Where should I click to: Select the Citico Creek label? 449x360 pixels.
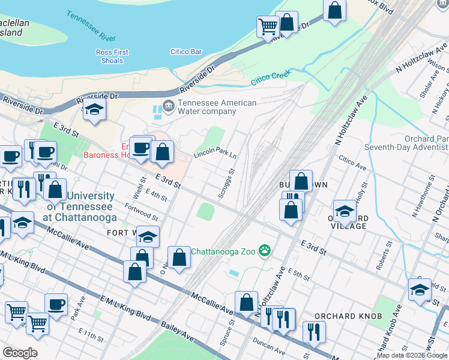click(270, 76)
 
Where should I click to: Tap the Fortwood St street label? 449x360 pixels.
click(141, 212)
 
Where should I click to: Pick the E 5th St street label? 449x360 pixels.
click(298, 275)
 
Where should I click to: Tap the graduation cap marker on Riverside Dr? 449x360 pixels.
click(94, 109)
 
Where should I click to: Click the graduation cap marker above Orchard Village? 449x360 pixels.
click(345, 211)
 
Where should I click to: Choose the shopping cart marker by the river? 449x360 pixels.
click(267, 26)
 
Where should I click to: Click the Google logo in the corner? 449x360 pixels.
click(20, 353)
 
